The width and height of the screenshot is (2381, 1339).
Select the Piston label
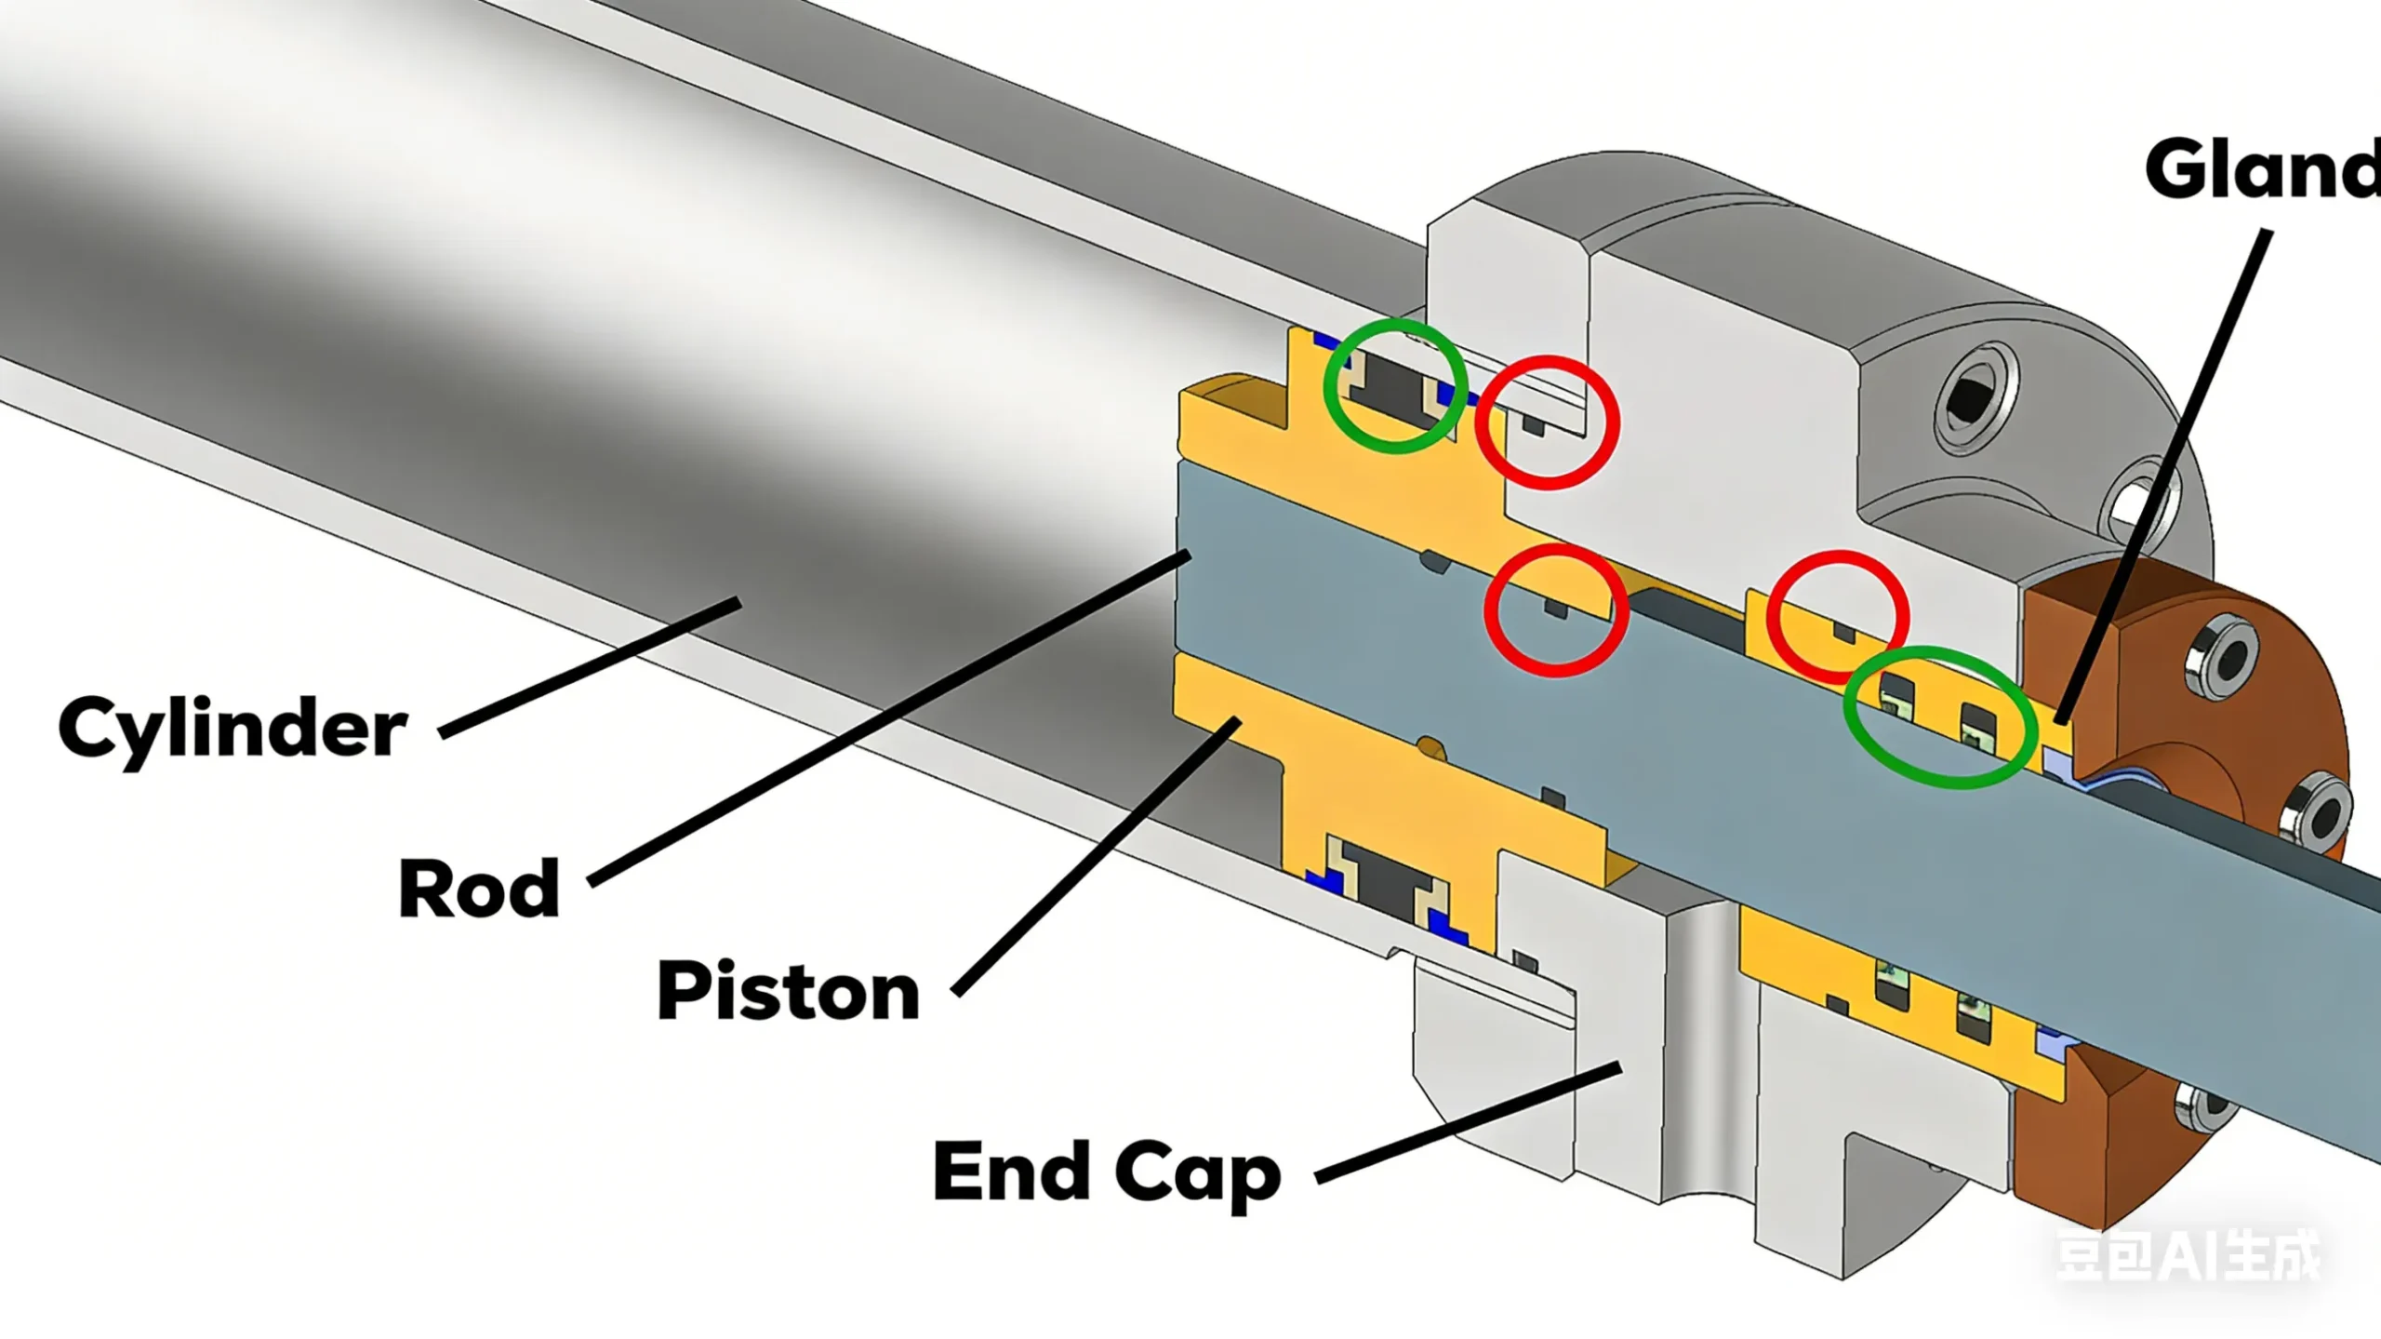point(788,992)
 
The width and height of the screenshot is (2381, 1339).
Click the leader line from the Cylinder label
point(590,669)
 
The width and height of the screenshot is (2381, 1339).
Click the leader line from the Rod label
point(888,716)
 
